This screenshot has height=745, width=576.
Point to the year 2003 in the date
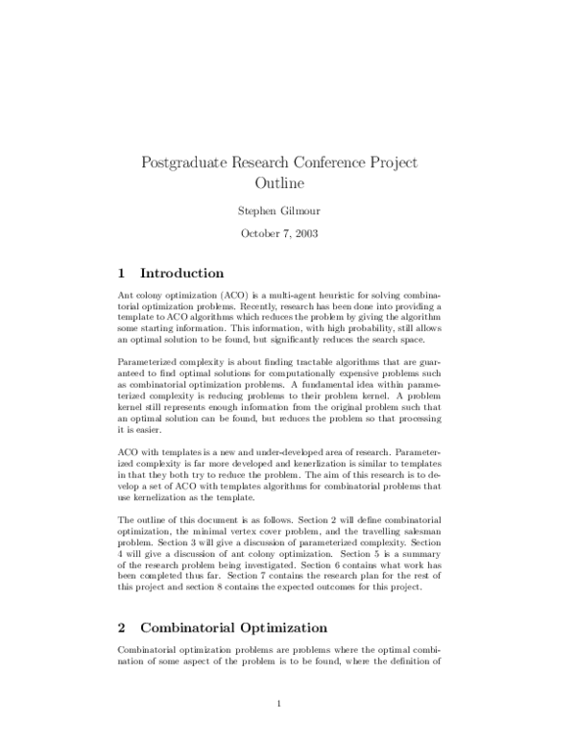[306, 233]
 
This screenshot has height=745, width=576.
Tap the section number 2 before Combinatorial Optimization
[122, 602]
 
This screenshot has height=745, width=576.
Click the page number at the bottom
[277, 707]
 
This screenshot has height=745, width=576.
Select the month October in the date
[259, 233]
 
